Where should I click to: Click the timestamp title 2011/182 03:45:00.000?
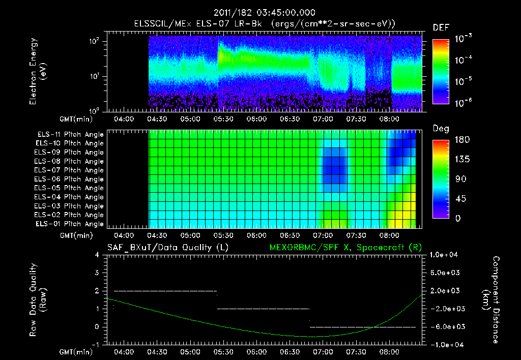coord(264,13)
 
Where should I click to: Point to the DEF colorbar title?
coord(441,28)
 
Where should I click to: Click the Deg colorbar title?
coord(441,129)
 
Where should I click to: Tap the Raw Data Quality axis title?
coord(38,299)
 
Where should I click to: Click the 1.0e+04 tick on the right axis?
coord(445,255)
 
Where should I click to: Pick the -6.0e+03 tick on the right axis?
coord(446,326)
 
